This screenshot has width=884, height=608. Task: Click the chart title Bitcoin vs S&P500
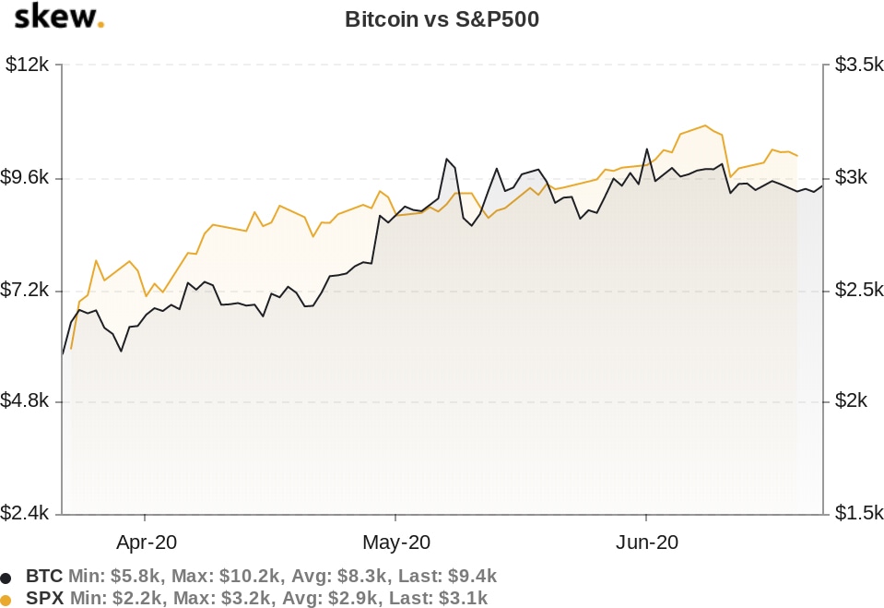442,19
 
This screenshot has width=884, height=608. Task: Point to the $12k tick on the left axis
29,66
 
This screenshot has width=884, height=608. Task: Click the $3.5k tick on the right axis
856,66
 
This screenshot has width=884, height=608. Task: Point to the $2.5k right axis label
856,291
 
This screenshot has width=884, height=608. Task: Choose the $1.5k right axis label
856,513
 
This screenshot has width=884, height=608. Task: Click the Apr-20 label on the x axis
146,542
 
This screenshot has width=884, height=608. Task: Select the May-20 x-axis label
395,542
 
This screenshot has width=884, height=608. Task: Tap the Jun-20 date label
646,542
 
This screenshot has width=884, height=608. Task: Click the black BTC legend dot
6,578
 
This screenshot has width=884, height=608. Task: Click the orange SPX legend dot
6,600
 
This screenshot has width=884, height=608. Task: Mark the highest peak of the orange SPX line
705,125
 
